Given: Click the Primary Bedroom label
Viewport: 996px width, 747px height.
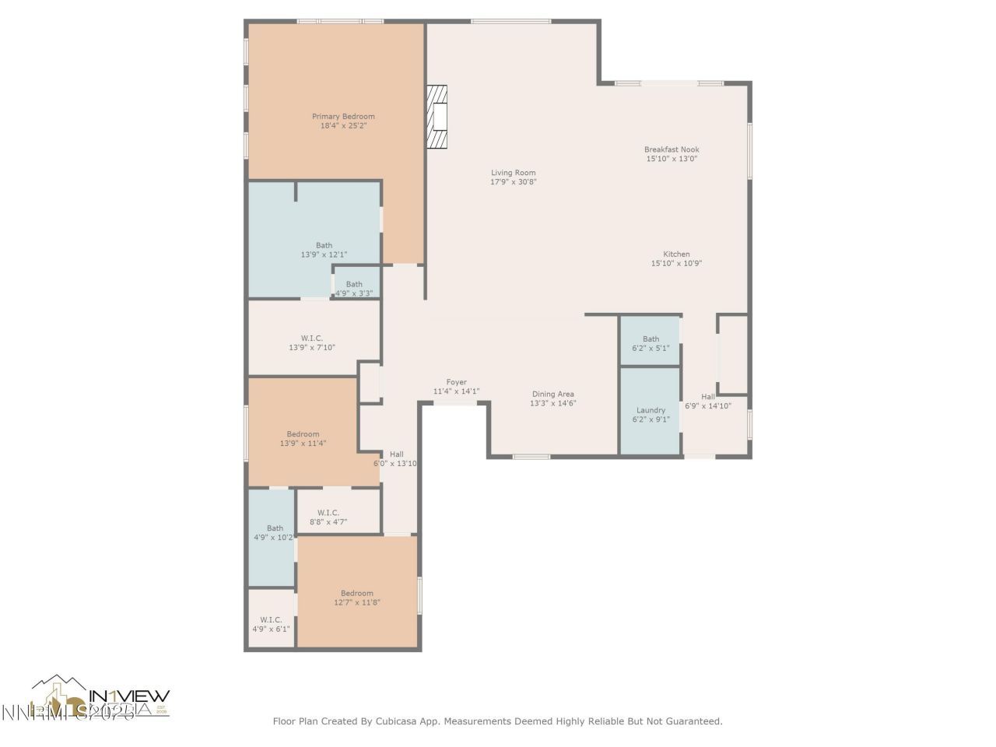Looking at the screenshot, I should pos(343,117).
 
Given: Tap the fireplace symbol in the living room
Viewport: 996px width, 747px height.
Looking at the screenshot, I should pos(438,116).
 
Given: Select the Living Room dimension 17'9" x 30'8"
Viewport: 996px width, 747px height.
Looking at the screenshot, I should pos(514,182).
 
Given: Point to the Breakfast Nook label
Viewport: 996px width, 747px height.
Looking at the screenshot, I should pos(672,149).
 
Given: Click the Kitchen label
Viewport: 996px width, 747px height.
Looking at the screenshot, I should pos(676,254).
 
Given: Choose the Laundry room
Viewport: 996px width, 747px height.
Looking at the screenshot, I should pos(651,411).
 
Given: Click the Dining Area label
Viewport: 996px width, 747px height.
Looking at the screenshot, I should pos(553,395).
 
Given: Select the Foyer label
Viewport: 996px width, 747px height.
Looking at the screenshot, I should pos(456,382).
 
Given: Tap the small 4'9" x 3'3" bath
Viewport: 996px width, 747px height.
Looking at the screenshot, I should pos(354,285).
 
